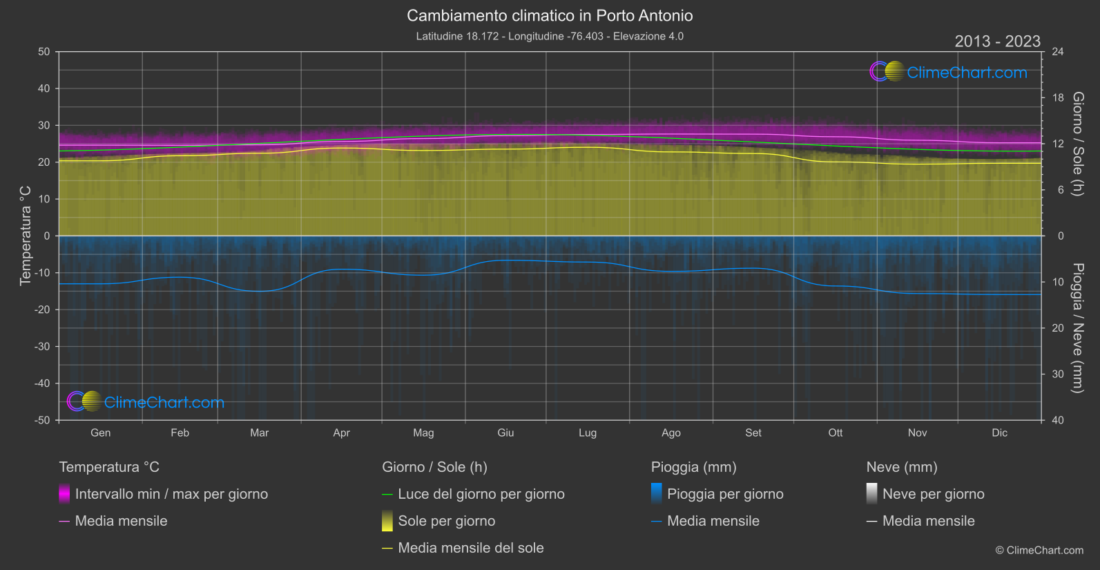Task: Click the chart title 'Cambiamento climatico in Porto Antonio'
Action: pyautogui.click(x=550, y=15)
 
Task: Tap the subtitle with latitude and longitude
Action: pyautogui.click(x=550, y=36)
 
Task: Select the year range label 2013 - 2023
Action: pyautogui.click(x=997, y=41)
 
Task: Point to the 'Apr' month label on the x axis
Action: pyautogui.click(x=341, y=433)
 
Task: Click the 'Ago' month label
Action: pyautogui.click(x=670, y=433)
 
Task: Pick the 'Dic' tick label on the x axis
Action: pyautogui.click(x=999, y=433)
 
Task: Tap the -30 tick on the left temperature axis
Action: pyautogui.click(x=43, y=347)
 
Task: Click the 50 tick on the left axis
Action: pyautogui.click(x=44, y=52)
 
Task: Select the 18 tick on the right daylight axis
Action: pyautogui.click(x=1058, y=98)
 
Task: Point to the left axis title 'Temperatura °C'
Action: pyautogui.click(x=26, y=236)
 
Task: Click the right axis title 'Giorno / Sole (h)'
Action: pyautogui.click(x=1077, y=144)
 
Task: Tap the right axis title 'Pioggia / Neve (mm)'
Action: pyautogui.click(x=1077, y=328)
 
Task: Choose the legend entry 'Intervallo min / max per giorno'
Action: pyautogui.click(x=171, y=494)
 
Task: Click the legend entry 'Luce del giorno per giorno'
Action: pyautogui.click(x=481, y=494)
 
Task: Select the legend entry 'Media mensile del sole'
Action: pyautogui.click(x=470, y=548)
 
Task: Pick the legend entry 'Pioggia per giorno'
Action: pyautogui.click(x=725, y=494)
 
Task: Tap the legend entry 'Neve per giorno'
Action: pyautogui.click(x=933, y=494)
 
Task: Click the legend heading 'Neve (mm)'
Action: pyautogui.click(x=902, y=467)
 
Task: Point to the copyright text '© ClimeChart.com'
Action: pyautogui.click(x=1039, y=551)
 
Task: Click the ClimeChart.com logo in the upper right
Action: pyautogui.click(x=948, y=72)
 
